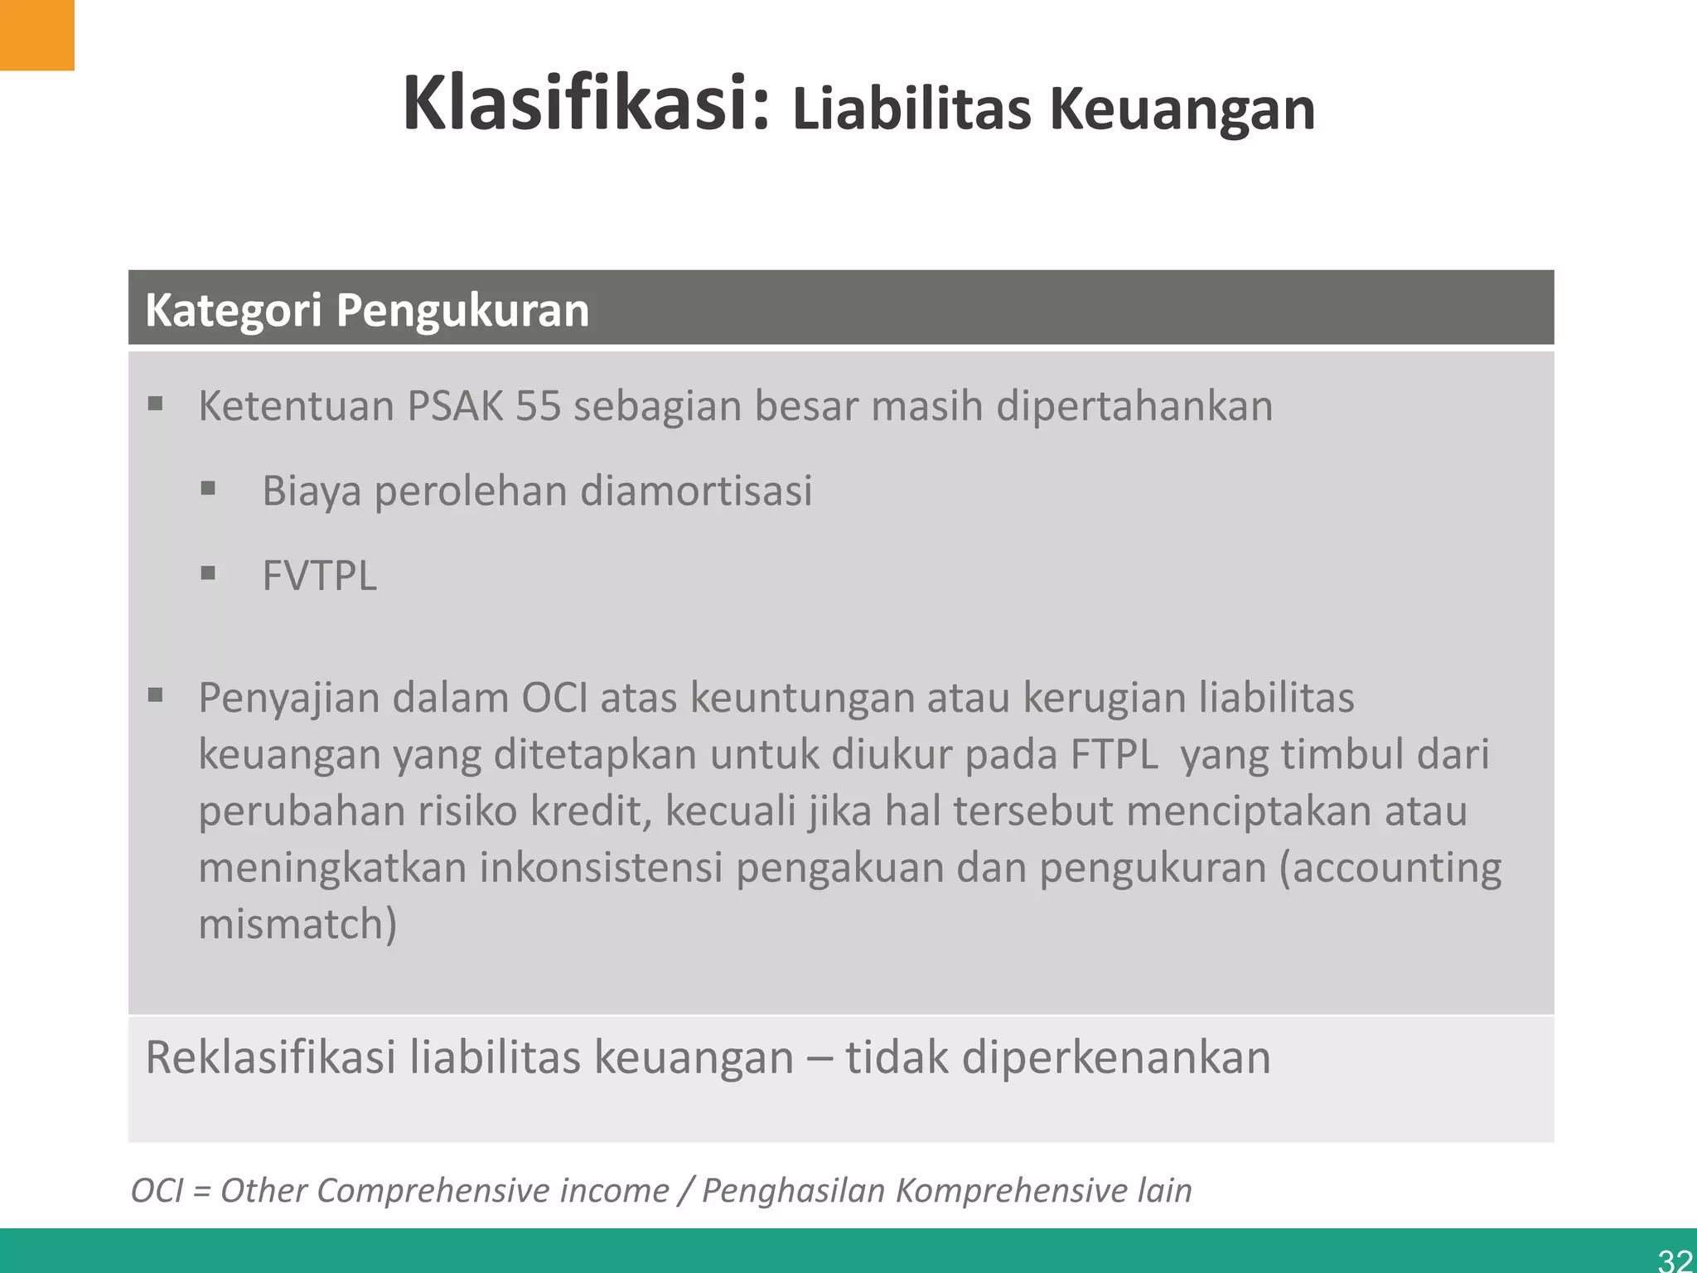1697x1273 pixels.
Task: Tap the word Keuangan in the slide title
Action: tap(1182, 110)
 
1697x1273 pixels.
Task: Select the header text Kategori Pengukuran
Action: tap(367, 310)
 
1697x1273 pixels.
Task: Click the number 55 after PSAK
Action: tap(538, 406)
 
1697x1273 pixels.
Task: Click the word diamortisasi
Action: tap(696, 491)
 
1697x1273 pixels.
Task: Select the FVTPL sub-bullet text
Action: tap(319, 575)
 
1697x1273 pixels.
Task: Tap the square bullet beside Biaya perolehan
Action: tap(208, 488)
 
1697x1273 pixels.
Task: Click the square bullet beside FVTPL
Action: tap(208, 573)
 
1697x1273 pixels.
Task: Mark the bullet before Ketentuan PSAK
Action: tap(156, 404)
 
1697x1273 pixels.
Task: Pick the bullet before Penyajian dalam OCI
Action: tap(156, 695)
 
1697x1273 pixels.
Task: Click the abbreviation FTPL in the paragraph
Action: tap(1114, 754)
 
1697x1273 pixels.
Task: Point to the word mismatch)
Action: tap(297, 924)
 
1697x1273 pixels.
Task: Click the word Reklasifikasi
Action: tap(270, 1058)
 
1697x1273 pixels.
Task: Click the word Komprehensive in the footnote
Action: tap(1012, 1191)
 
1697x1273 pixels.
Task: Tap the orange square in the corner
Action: tap(36, 35)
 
